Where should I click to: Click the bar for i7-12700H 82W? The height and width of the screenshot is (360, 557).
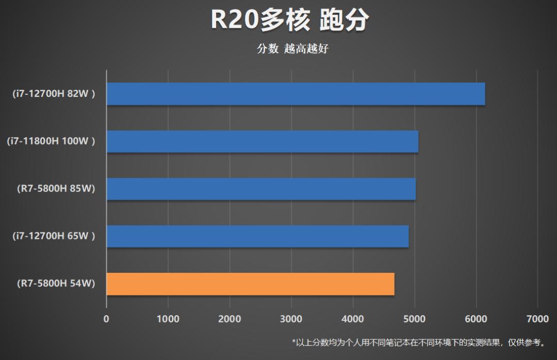point(296,94)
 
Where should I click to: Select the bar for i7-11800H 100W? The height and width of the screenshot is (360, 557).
point(262,141)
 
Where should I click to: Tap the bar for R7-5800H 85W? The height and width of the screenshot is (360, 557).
point(261,189)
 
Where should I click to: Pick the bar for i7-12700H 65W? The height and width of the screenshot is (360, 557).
point(257,236)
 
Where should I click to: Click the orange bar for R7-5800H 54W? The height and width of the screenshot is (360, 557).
point(250,284)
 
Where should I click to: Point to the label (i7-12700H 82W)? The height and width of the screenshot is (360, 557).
point(54,94)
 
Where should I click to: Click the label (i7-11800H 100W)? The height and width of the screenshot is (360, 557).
point(51,141)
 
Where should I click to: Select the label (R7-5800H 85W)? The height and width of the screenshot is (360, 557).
point(56,189)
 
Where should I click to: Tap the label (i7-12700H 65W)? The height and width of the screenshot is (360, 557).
point(54,236)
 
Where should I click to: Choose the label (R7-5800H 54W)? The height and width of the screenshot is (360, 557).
point(56,284)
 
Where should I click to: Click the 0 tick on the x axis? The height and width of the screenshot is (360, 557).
point(106,319)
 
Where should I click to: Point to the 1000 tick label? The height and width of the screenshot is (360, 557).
point(168,319)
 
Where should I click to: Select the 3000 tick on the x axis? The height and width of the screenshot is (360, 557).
point(291,319)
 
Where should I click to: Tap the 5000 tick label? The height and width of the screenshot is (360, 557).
point(414,319)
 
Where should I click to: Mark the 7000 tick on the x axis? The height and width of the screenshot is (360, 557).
point(537,319)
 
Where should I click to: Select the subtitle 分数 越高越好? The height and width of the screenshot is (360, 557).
point(292,49)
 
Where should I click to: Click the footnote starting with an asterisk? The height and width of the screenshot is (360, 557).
point(418,342)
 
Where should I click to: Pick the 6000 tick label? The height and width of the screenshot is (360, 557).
point(476,319)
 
